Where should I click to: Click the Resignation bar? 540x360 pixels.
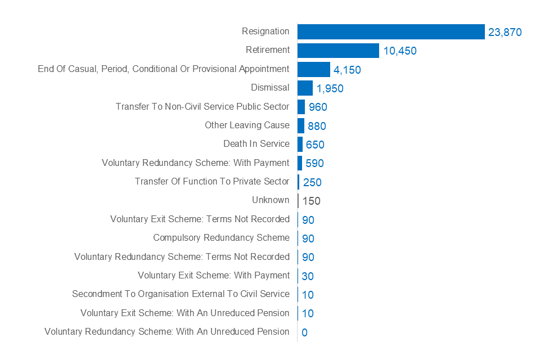point(391,31)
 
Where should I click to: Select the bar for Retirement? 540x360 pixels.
point(338,51)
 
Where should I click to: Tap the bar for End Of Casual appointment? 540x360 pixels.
point(313,69)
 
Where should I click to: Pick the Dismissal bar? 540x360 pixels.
point(305,88)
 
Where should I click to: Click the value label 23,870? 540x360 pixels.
point(505,33)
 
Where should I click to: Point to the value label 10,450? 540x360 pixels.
point(399,51)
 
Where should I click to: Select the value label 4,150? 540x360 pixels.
point(347,70)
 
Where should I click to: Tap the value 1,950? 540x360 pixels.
point(330,89)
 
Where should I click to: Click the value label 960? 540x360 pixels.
point(318,107)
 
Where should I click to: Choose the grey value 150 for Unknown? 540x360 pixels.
point(311,201)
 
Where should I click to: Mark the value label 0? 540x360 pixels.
point(304,332)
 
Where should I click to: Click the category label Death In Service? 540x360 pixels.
point(256,144)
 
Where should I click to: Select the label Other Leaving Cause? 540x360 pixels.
point(247,125)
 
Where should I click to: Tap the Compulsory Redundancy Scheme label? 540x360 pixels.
point(221,237)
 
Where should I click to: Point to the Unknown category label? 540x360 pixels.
point(271,200)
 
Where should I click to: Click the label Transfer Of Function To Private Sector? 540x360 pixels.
point(212,181)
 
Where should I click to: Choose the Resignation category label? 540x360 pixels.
point(265,31)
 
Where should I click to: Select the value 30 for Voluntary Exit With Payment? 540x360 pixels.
point(308,276)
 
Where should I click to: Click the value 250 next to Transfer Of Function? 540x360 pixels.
point(312,182)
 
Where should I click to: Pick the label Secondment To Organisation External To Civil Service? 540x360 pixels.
point(181,294)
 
